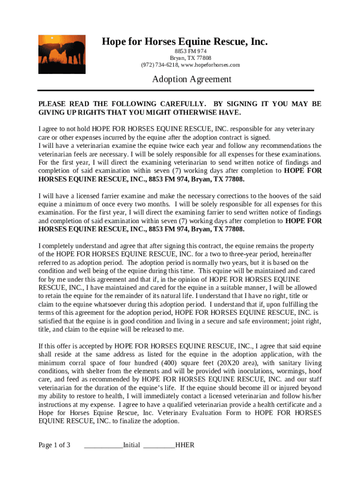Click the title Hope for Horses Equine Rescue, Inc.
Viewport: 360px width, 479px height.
[x=185, y=42]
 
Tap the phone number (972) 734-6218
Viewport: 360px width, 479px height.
[x=159, y=65]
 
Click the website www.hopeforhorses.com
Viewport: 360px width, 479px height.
[x=210, y=65]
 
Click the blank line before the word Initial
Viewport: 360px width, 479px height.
[x=103, y=445]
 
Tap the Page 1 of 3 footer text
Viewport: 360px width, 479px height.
[x=54, y=445]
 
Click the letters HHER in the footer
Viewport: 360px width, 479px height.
[x=185, y=445]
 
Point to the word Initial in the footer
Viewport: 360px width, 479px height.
[x=131, y=445]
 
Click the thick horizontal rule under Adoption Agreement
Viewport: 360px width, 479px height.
[x=176, y=90]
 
